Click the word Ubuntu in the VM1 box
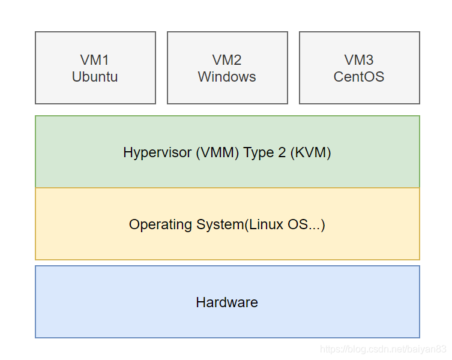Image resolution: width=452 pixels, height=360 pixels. point(95,77)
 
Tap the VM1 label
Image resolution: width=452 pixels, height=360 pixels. point(95,60)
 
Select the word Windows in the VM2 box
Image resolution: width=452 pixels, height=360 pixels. point(227,77)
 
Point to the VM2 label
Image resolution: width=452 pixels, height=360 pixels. point(227,60)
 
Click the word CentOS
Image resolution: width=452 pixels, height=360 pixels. point(359,77)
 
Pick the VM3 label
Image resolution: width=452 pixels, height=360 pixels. point(359,60)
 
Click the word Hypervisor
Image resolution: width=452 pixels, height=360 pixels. point(157,152)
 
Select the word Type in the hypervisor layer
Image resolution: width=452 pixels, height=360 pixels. point(258,152)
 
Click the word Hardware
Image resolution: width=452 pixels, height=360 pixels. point(227,302)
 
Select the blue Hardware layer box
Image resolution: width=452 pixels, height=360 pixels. point(227,318)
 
